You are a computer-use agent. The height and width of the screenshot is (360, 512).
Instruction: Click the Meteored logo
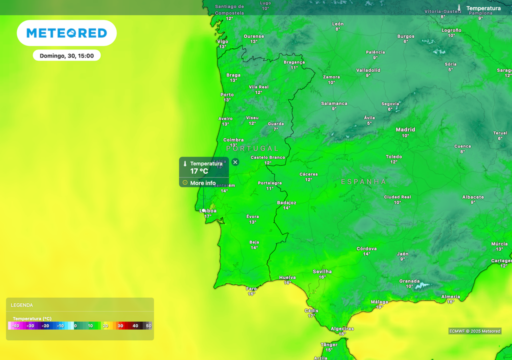pos(66,33)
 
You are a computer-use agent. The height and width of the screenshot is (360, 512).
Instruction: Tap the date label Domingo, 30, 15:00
pos(66,55)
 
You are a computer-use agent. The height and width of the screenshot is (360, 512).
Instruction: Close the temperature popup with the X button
pos(235,162)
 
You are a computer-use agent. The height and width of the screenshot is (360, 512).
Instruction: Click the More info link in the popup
pos(202,183)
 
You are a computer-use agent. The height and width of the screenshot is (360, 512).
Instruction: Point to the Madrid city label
pos(405,129)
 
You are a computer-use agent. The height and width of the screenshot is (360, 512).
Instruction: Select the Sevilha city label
pos(322,271)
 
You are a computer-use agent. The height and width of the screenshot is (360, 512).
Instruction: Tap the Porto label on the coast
pos(227,94)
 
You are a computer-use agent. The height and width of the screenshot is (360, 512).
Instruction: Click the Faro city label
pos(251,288)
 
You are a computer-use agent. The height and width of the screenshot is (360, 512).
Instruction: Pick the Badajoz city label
pos(286,202)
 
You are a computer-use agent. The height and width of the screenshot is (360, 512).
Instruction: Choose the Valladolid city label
pos(368,70)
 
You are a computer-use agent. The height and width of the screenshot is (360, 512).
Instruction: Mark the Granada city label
pos(409,281)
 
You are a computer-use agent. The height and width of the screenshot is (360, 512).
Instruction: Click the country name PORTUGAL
pos(252,148)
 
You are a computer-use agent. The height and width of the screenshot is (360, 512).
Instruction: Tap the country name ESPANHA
pos(363,181)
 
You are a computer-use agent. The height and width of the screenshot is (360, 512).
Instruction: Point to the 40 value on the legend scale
pos(135,326)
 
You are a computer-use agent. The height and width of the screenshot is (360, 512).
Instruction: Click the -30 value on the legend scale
pos(30,326)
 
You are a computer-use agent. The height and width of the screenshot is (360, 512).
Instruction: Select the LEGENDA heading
pos(22,305)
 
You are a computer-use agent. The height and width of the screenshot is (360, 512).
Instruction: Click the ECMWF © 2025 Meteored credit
pos(474,331)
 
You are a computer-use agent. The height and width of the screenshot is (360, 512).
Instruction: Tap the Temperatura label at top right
pos(483,8)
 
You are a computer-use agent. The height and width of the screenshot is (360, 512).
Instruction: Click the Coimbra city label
pos(233,140)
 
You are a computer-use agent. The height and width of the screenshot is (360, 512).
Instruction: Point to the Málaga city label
pos(379,302)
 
